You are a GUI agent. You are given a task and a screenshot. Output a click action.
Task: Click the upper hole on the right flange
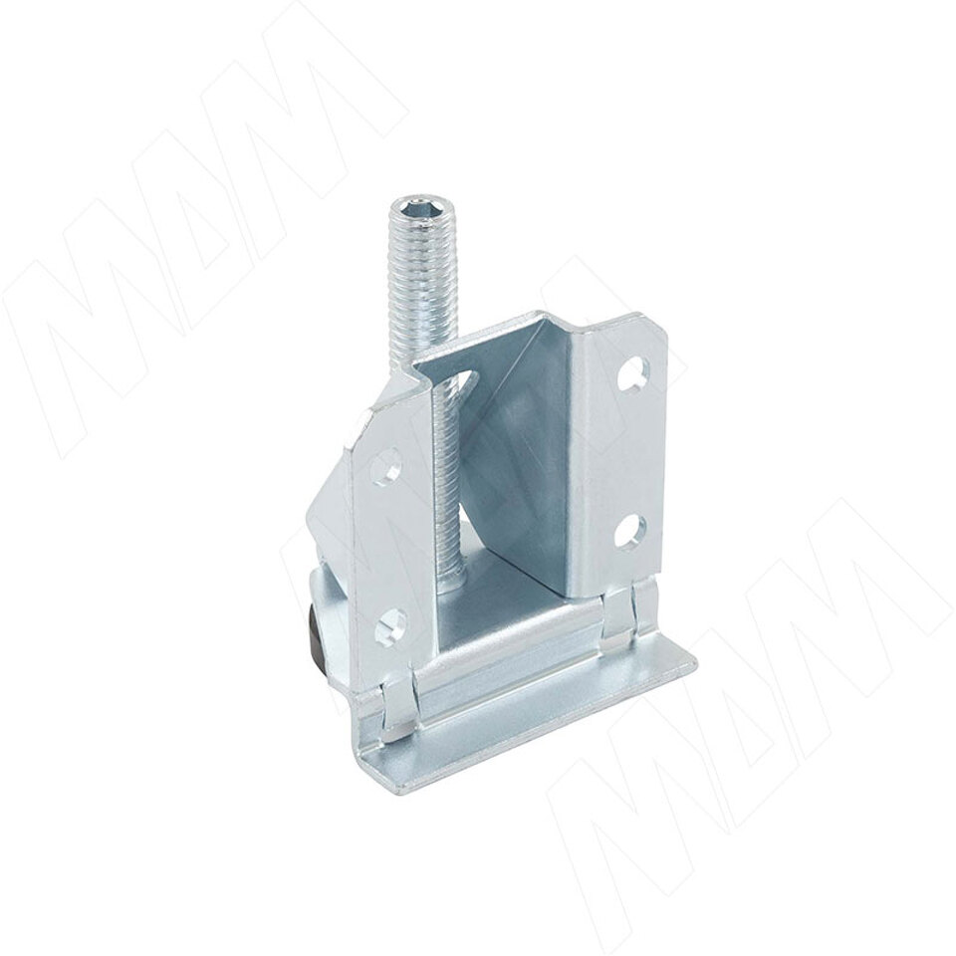click(x=632, y=372)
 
